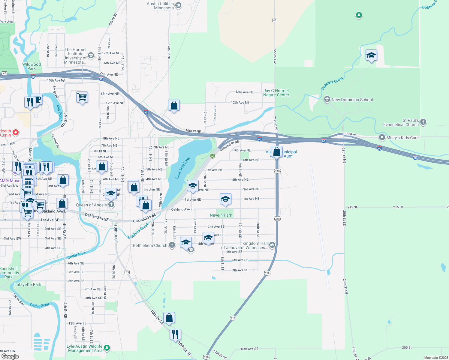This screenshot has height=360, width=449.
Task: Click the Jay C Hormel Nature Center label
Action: point(276,93)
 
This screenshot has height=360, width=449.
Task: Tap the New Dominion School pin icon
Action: point(327,99)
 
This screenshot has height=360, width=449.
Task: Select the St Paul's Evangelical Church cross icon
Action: point(423,122)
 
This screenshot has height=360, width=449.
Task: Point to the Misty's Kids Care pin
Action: point(382,137)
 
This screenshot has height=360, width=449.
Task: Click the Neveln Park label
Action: point(221,215)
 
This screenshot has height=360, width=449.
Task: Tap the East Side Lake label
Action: point(183,168)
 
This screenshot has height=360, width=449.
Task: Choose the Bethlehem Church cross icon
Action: point(172,245)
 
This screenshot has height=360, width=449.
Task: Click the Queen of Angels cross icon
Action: point(111,205)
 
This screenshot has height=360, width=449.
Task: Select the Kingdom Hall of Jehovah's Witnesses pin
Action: point(272,245)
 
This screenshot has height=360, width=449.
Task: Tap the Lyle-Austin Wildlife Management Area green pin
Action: point(107,348)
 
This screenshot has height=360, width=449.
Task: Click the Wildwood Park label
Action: point(32,66)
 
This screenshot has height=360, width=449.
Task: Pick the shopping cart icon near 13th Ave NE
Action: point(82,97)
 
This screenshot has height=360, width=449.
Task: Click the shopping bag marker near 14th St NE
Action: point(174,106)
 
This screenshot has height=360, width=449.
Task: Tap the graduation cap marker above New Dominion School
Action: point(371,55)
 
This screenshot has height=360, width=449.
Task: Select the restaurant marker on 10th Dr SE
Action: point(175,334)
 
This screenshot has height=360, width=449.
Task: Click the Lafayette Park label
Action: point(28,284)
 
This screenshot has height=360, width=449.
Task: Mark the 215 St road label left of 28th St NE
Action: point(352,207)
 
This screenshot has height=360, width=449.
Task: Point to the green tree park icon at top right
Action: point(359,15)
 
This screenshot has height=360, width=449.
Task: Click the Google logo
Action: point(10,356)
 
